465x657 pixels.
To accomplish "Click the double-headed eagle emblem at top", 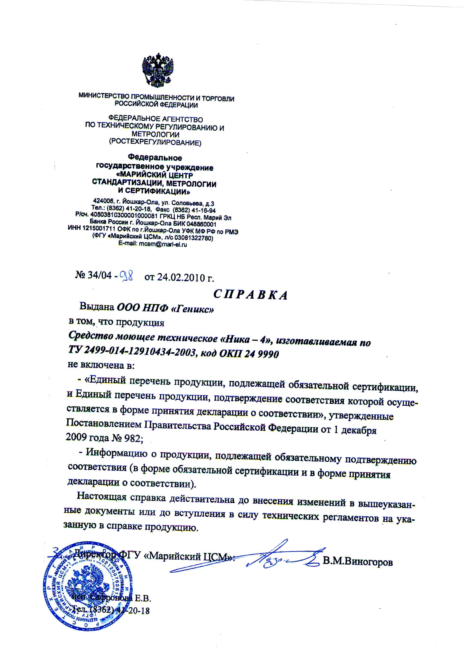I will tap(158, 70).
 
